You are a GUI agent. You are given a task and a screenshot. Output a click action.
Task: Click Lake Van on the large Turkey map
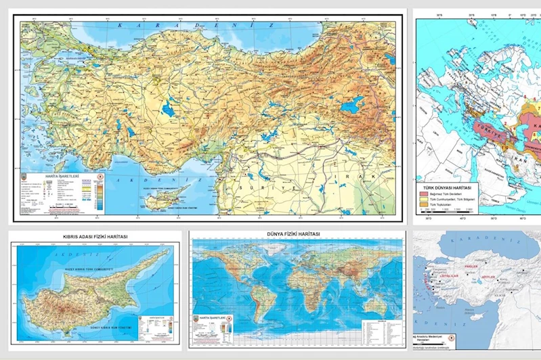(351, 104)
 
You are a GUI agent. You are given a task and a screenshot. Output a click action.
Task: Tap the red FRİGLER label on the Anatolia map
(471, 266)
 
